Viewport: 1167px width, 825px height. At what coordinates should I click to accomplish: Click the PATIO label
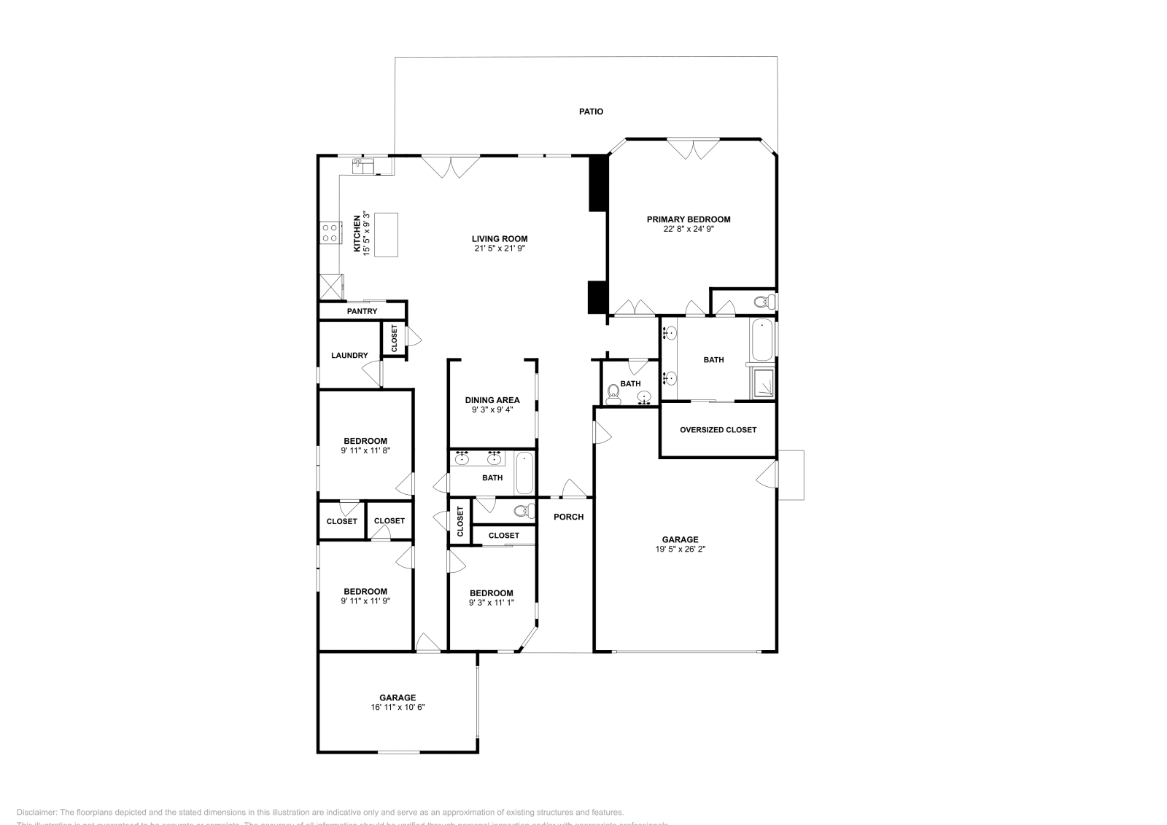(x=591, y=112)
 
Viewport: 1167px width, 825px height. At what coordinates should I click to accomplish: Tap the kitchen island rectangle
(x=387, y=234)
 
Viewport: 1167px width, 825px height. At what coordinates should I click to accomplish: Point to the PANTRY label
(x=362, y=311)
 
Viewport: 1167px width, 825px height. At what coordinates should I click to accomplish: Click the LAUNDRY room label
(x=349, y=356)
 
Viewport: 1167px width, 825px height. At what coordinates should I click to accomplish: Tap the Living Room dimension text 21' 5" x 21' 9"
(x=500, y=249)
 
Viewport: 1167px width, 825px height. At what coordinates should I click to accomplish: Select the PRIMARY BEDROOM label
(x=688, y=219)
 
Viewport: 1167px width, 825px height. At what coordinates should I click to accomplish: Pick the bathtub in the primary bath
(x=762, y=339)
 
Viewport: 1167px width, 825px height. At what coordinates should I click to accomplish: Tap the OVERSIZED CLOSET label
(x=718, y=430)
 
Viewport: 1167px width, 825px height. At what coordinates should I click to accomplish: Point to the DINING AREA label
(x=492, y=400)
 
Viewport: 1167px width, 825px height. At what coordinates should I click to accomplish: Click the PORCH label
(x=568, y=517)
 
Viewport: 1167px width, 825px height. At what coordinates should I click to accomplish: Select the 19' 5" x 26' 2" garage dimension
(x=680, y=550)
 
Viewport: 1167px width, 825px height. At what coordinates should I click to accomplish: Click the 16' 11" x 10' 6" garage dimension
(x=398, y=707)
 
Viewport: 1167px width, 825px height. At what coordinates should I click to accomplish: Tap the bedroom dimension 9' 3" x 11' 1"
(x=491, y=603)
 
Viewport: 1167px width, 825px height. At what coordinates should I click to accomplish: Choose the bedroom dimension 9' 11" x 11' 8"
(x=365, y=450)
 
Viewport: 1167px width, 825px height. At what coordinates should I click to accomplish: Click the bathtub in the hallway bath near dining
(x=524, y=473)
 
